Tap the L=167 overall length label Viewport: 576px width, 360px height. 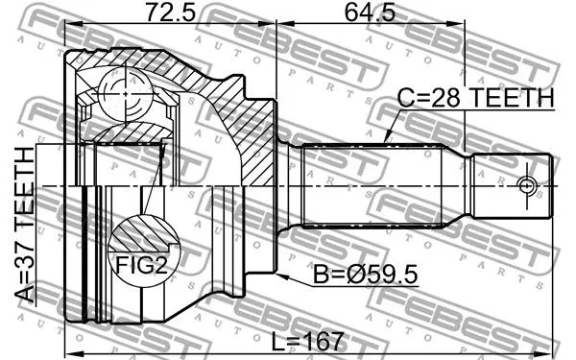(307, 341)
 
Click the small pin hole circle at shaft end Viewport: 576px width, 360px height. (525, 184)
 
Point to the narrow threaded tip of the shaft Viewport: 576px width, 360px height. (514, 184)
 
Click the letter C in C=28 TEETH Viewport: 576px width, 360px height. (406, 98)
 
